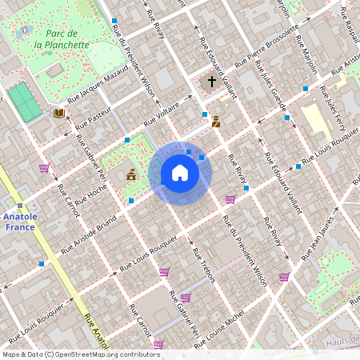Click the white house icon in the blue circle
pos(180,173)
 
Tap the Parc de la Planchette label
pos(62,39)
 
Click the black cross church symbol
pos(212,82)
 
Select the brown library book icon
pos(58,114)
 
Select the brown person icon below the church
pos(216,122)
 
